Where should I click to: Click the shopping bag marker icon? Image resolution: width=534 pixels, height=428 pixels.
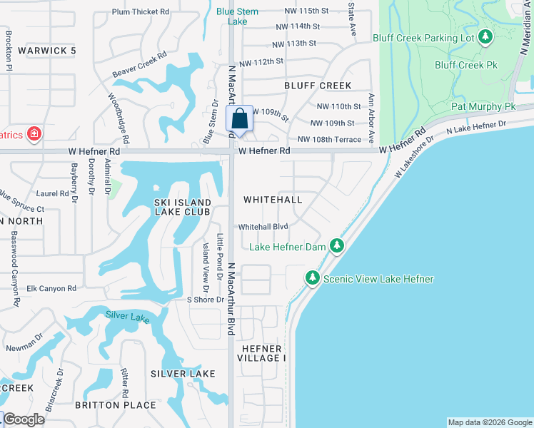pyautogui.click(x=240, y=118)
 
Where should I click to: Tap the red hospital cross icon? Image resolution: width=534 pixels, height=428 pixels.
pyautogui.click(x=33, y=133)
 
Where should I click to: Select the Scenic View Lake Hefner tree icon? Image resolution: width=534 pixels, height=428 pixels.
pyautogui.click(x=312, y=277)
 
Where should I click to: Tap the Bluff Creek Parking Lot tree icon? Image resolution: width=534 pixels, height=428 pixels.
pyautogui.click(x=485, y=36)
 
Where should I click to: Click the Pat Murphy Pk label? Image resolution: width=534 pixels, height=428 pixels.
pyautogui.click(x=483, y=106)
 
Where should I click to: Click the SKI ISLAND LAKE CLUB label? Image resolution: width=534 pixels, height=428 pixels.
pyautogui.click(x=183, y=207)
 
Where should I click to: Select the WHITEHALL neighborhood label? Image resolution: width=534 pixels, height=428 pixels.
pyautogui.click(x=273, y=200)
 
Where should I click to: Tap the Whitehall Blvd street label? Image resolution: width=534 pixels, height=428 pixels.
pyautogui.click(x=263, y=227)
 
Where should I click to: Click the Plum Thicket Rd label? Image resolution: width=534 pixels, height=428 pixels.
pyautogui.click(x=141, y=12)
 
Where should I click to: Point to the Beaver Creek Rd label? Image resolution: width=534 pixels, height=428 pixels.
pyautogui.click(x=139, y=64)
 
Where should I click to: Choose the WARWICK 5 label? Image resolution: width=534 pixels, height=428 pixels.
pyautogui.click(x=46, y=51)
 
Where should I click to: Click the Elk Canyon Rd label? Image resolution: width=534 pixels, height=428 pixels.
pyautogui.click(x=51, y=289)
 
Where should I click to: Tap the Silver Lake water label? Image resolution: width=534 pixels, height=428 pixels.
pyautogui.click(x=128, y=316)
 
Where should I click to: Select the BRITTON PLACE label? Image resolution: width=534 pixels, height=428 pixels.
pyautogui.click(x=116, y=405)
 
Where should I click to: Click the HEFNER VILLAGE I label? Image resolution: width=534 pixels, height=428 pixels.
pyautogui.click(x=263, y=353)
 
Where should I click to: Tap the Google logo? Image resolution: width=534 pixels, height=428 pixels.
pyautogui.click(x=24, y=419)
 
